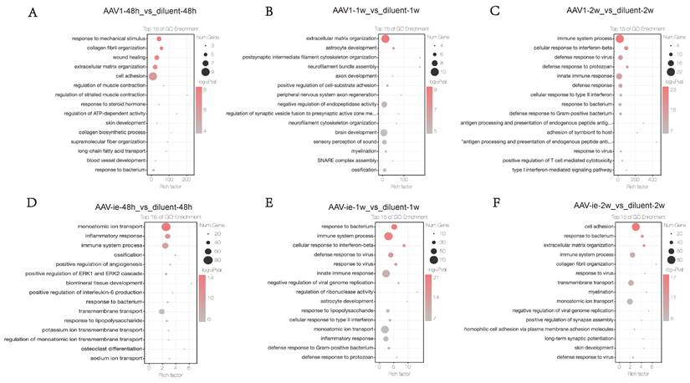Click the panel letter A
coord(32,14)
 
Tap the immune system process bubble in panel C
coord(620,39)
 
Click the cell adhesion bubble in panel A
coord(153,76)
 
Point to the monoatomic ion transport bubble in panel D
coord(166,227)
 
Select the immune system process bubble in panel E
coord(388,237)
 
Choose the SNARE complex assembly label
coord(342,161)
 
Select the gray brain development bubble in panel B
coord(385,132)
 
